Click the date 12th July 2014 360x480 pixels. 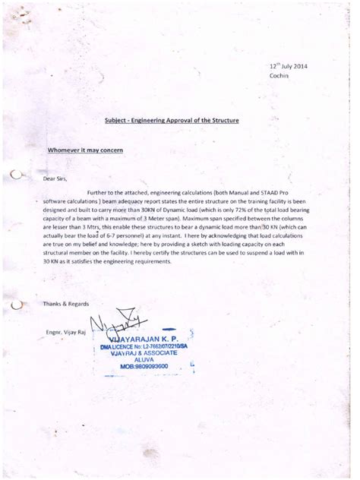[289, 66]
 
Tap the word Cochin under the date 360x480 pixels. [279, 76]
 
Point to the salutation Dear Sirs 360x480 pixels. [55, 178]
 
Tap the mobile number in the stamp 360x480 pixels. [148, 367]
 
